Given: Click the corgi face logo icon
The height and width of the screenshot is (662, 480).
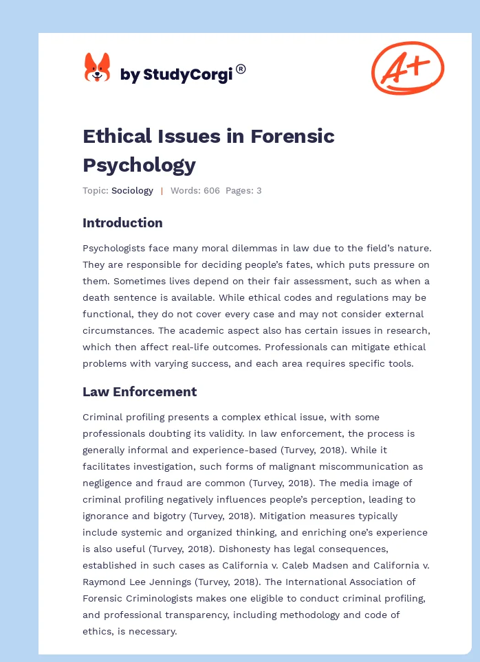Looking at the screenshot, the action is (x=97, y=67).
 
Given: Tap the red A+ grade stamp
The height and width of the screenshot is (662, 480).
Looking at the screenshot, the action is (x=407, y=67).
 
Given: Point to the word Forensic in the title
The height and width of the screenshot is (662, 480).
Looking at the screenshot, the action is (x=292, y=136).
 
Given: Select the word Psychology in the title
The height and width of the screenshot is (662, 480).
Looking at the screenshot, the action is (x=139, y=165).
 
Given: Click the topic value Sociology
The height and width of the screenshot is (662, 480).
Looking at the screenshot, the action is (x=132, y=191).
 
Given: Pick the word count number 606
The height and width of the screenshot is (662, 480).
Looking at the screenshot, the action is (x=210, y=191).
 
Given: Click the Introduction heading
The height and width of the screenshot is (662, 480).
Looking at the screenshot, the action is (x=122, y=222).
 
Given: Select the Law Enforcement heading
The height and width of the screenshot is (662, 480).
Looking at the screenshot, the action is (x=140, y=391).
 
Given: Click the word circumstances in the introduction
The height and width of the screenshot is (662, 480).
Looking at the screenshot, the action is (x=113, y=314).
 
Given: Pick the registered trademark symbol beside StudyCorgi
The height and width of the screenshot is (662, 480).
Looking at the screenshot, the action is (x=241, y=69).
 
